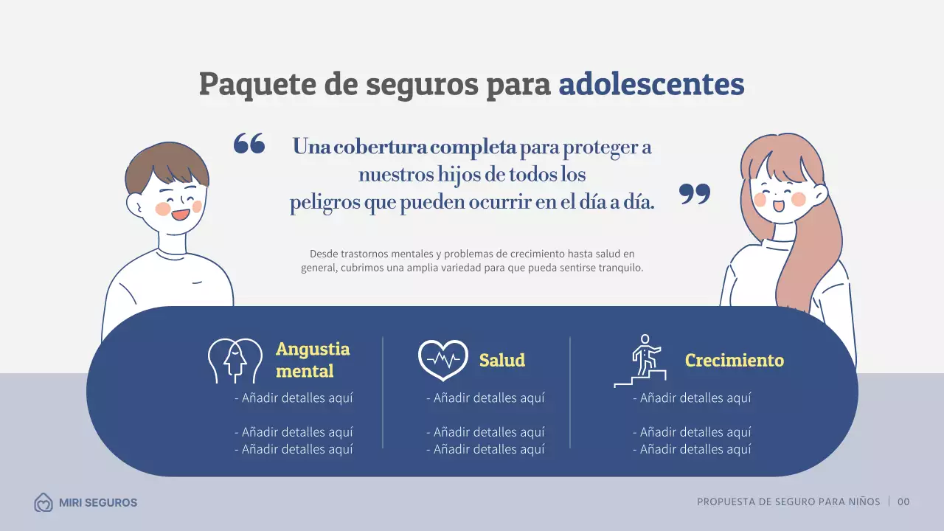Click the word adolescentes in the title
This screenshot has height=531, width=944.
pos(651,84)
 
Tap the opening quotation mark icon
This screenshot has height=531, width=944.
pos(249,143)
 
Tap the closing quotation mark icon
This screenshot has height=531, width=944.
pos(695,194)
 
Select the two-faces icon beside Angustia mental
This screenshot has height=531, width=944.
pos(235,361)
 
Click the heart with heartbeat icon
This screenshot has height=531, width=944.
pos(442,360)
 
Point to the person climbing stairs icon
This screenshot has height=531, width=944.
pos(641,361)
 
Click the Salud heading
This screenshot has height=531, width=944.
pos(502,360)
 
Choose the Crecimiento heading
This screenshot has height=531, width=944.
pos(734,360)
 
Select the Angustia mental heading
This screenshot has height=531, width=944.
pos(313,359)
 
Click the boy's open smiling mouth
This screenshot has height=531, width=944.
pos(180,215)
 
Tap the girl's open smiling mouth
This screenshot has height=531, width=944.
pos(779,206)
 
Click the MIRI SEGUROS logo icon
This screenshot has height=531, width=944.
pos(44,503)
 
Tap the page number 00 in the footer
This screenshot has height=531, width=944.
pos(903,502)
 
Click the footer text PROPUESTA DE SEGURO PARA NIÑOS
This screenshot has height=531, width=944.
pos(788,502)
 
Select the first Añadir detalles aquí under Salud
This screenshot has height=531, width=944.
pos(485,398)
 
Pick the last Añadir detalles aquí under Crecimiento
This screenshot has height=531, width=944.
pos(692,449)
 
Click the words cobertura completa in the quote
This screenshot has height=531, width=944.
pos(425,147)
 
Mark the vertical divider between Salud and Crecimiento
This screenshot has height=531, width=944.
pos(570,392)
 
